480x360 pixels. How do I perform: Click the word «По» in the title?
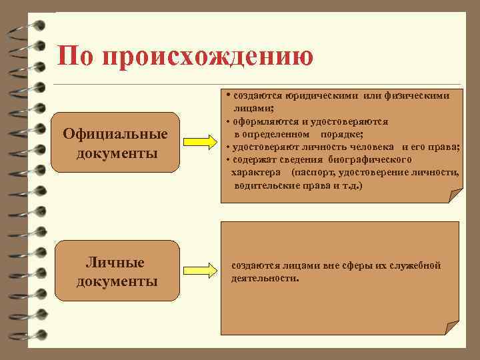(73, 56)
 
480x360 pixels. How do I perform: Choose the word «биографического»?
(370, 159)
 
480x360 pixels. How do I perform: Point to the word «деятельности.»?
(265, 277)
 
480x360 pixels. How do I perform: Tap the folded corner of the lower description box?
(453, 328)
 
